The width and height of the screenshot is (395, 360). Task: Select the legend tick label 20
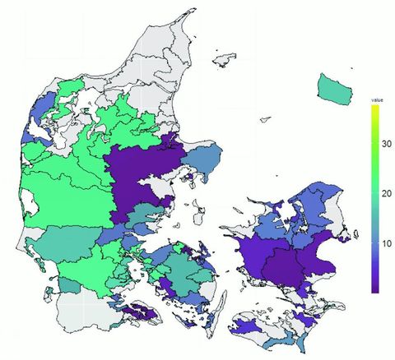[385, 194]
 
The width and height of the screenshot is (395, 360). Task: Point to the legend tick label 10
[385, 243]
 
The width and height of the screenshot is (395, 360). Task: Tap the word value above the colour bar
[376, 99]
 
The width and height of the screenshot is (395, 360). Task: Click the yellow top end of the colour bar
[375, 109]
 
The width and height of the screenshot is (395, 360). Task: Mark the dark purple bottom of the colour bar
[375, 288]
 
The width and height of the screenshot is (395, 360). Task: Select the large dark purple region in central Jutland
[140, 177]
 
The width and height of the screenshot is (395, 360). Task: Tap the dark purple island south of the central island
[138, 311]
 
